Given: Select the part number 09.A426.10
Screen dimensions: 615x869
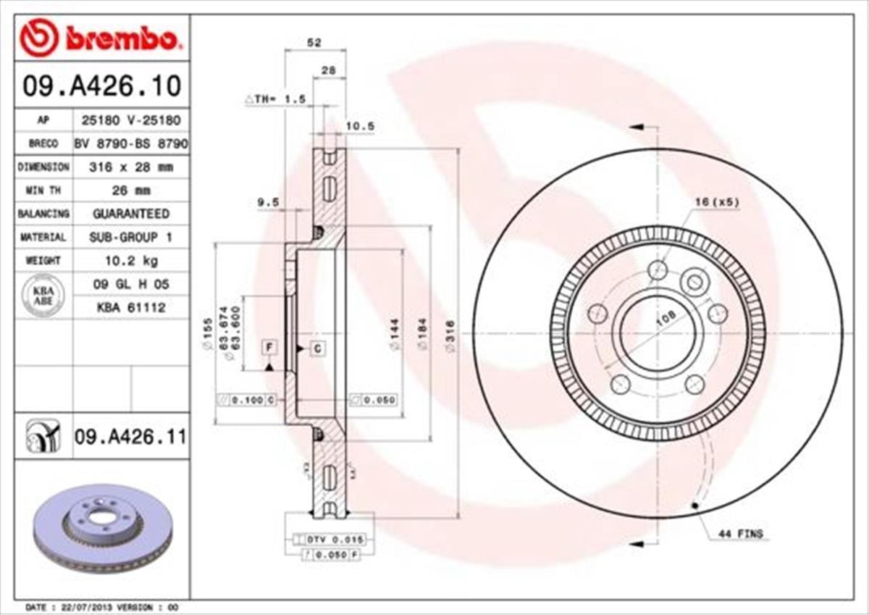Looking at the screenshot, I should (x=101, y=87).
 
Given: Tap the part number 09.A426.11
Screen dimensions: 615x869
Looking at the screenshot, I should (x=130, y=437).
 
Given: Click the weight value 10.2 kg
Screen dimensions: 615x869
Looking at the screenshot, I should (x=130, y=260).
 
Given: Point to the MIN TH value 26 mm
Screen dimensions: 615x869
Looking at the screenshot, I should (x=130, y=191).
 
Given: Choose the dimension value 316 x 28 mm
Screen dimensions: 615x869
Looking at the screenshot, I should (x=130, y=167).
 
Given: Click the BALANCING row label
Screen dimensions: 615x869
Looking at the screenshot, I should (x=43, y=214).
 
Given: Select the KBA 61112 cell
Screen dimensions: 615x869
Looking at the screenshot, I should (x=130, y=308).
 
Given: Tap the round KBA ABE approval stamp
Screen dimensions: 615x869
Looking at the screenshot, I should (x=43, y=296).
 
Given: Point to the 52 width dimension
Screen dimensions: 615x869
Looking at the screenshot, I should (x=314, y=43).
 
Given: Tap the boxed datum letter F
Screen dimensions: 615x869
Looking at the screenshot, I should (x=269, y=348).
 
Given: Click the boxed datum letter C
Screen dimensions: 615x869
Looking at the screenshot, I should (x=318, y=348).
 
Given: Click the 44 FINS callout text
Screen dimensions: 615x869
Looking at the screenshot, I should (x=740, y=534).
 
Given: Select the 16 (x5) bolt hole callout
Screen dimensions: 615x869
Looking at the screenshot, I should (x=717, y=203).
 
